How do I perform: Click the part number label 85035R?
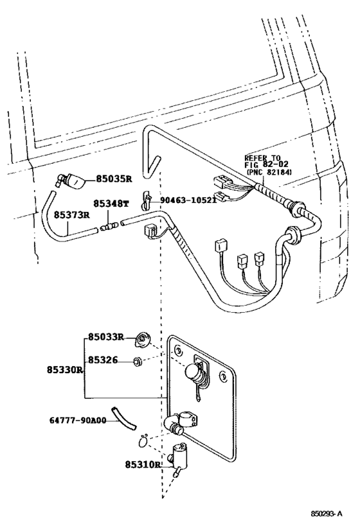(x=114, y=180)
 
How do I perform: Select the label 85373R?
(x=71, y=215)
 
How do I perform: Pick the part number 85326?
(x=103, y=360)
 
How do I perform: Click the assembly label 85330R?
(x=64, y=370)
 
